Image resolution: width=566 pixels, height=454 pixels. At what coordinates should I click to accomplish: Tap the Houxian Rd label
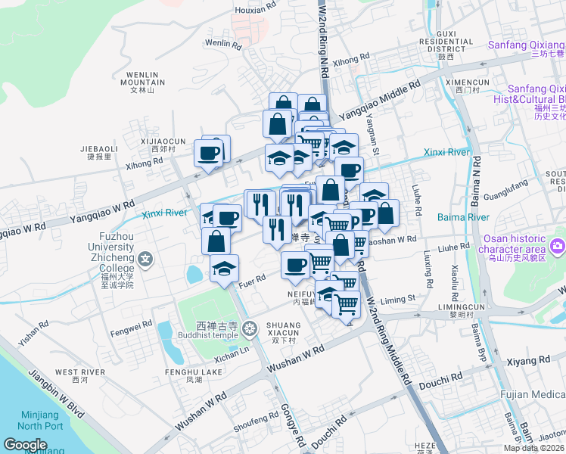[x=255, y=10]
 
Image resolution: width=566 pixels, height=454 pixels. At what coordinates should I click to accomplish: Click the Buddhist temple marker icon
[x=251, y=328]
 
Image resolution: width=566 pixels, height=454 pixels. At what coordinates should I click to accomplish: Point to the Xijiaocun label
[x=163, y=141]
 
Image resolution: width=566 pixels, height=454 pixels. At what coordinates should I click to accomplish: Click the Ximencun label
[x=468, y=82]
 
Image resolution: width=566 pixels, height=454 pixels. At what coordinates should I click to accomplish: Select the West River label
[x=80, y=372]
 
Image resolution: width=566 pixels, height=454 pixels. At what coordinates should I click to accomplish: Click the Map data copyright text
[x=534, y=448]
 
